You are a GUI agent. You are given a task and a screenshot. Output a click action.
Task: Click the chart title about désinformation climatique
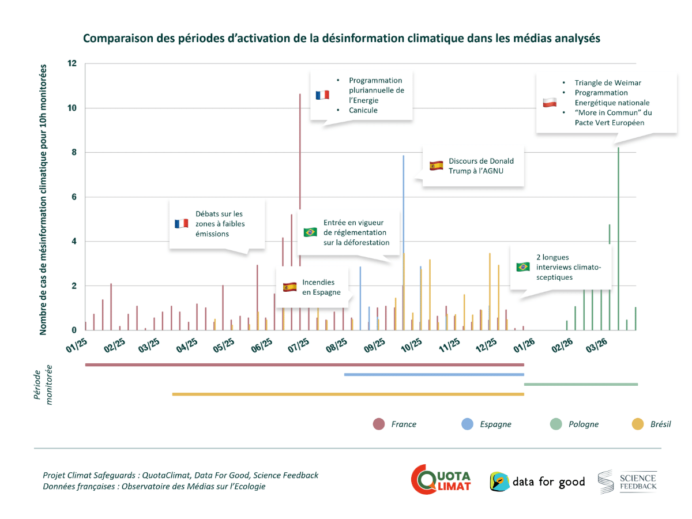click(x=341, y=39)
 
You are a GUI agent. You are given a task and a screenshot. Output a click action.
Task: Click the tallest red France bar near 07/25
click(x=300, y=173)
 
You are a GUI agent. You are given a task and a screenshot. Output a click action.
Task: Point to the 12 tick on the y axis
click(x=72, y=63)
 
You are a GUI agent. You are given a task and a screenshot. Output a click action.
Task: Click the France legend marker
click(x=379, y=424)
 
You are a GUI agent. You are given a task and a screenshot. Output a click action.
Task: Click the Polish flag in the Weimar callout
click(x=549, y=103)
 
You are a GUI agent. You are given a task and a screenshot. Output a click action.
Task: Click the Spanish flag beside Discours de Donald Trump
click(x=436, y=166)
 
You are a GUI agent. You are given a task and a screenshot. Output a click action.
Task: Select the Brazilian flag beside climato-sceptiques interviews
click(x=523, y=267)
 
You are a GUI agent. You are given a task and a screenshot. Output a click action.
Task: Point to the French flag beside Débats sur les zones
click(x=182, y=224)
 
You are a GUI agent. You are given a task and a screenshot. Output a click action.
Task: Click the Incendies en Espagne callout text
click(x=318, y=287)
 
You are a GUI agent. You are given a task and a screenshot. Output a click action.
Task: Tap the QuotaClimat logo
click(x=441, y=480)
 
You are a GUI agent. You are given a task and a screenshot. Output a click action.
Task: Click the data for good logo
click(x=537, y=482)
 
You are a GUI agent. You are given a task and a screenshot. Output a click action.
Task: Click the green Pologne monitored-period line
click(x=581, y=384)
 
